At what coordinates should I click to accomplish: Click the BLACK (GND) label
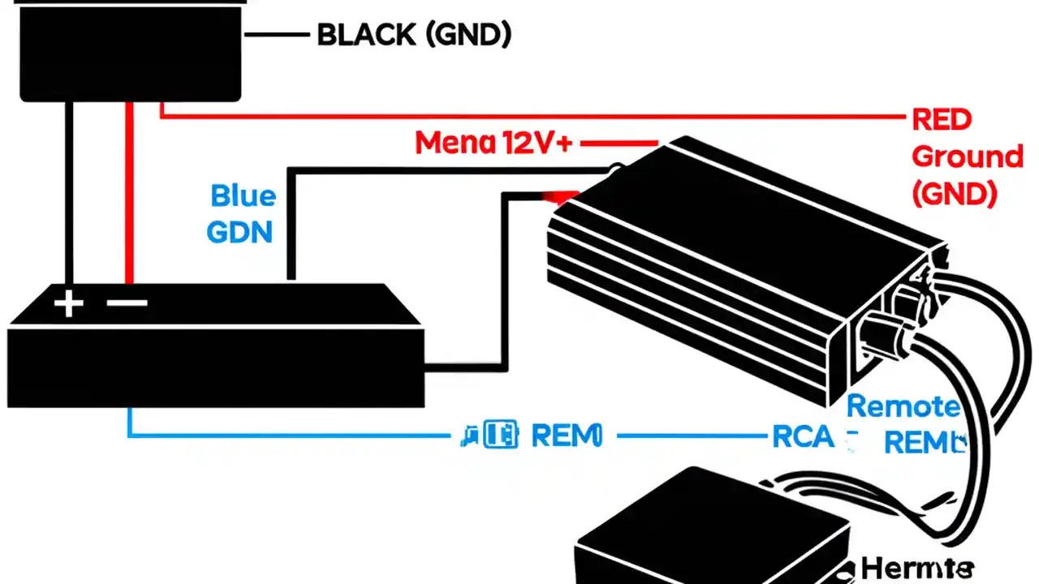(414, 35)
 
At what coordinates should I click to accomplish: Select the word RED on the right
(942, 120)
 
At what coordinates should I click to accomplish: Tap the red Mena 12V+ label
(494, 144)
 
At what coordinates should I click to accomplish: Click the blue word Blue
(243, 196)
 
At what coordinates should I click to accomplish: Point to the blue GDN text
(239, 232)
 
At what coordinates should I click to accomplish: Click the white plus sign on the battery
(68, 304)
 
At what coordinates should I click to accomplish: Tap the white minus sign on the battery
(127, 303)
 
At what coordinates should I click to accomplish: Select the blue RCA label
(801, 437)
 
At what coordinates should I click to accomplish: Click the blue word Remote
(903, 406)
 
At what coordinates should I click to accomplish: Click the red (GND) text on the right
(954, 193)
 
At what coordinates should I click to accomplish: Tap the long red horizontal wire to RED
(528, 116)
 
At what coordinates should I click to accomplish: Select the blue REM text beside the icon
(567, 436)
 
